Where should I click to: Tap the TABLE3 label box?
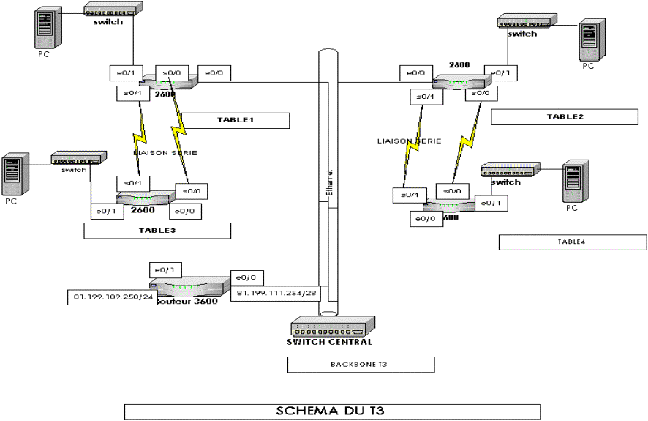point(157,231)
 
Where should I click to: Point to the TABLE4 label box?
point(573,242)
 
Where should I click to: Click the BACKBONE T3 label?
point(361,364)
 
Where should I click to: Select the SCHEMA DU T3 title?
point(332,410)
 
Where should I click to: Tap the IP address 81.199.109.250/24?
point(109,297)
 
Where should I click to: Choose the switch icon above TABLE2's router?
point(526,23)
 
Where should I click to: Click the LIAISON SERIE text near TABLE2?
point(409,141)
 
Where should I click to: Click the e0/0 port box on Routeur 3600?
point(246,278)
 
